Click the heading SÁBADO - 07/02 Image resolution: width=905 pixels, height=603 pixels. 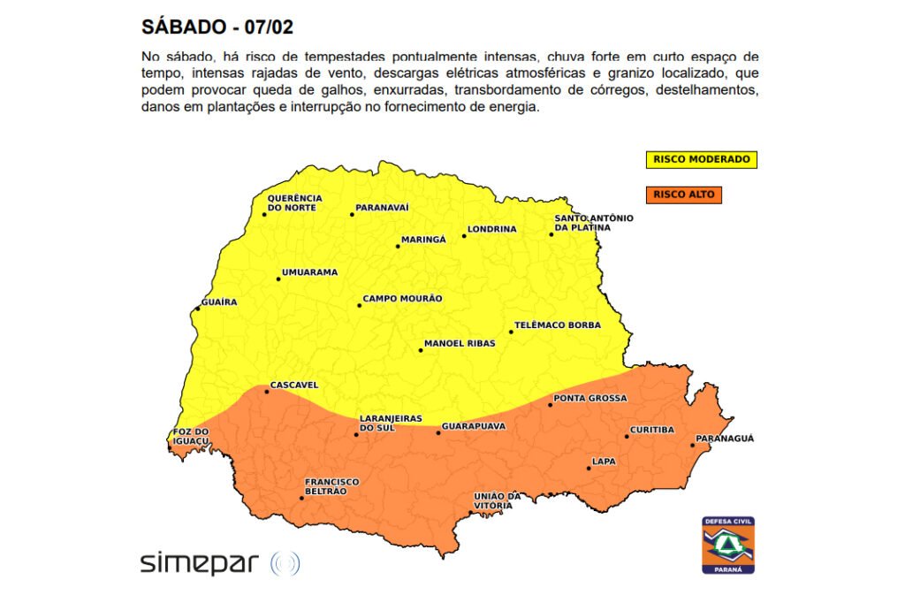pyautogui.click(x=217, y=26)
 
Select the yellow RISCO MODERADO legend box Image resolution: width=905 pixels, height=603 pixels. pyautogui.click(x=701, y=160)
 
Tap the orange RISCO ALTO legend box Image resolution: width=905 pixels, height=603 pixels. pyautogui.click(x=683, y=195)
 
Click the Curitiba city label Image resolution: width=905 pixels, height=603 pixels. pyautogui.click(x=652, y=431)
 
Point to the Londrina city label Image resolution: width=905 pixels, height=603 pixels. pyautogui.click(x=491, y=229)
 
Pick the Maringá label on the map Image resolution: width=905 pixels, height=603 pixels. pyautogui.click(x=423, y=240)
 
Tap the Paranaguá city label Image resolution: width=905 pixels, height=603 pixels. pyautogui.click(x=725, y=439)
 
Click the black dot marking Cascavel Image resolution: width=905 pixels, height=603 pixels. pyautogui.click(x=267, y=391)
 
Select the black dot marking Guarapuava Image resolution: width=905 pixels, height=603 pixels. pyautogui.click(x=438, y=432)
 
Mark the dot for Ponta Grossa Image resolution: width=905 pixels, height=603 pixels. pyautogui.click(x=550, y=404)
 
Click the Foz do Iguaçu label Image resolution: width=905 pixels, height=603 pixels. pyautogui.click(x=190, y=436)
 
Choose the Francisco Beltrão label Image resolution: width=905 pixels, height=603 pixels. pyautogui.click(x=331, y=486)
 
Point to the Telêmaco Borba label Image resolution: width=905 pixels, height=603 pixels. pyautogui.click(x=557, y=325)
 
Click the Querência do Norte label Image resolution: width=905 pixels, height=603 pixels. pyautogui.click(x=294, y=202)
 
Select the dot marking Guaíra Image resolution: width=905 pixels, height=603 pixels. pyautogui.click(x=197, y=309)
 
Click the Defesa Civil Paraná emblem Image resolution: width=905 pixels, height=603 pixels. pyautogui.click(x=728, y=545)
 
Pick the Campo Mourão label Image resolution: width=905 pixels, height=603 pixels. pyautogui.click(x=402, y=299)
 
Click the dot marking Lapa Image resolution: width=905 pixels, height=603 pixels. pyautogui.click(x=589, y=468)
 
